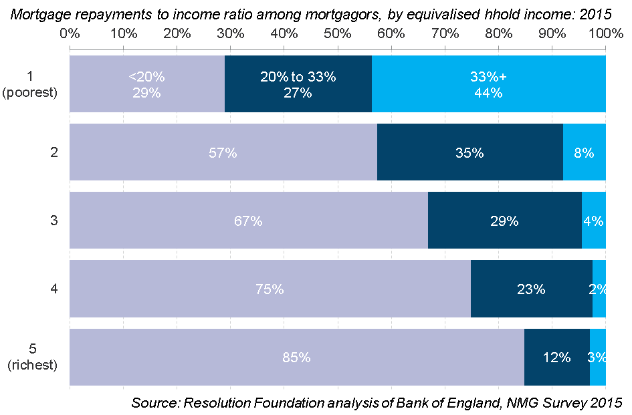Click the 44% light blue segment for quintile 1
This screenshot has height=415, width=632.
coord(488,84)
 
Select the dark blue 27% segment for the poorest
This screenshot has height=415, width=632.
coord(298,84)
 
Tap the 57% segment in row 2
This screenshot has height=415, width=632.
coord(223,152)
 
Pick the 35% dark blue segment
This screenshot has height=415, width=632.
coord(469,152)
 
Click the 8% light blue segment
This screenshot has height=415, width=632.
coord(584,152)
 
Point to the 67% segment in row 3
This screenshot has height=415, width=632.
coord(248,221)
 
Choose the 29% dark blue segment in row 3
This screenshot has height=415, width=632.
coord(504,221)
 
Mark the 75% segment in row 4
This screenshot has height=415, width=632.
coord(270,289)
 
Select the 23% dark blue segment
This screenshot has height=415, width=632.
coord(531,289)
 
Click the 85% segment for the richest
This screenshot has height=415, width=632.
coord(296,357)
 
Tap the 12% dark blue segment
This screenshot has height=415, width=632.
coord(556,357)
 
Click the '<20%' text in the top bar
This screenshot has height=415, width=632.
coord(146,77)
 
